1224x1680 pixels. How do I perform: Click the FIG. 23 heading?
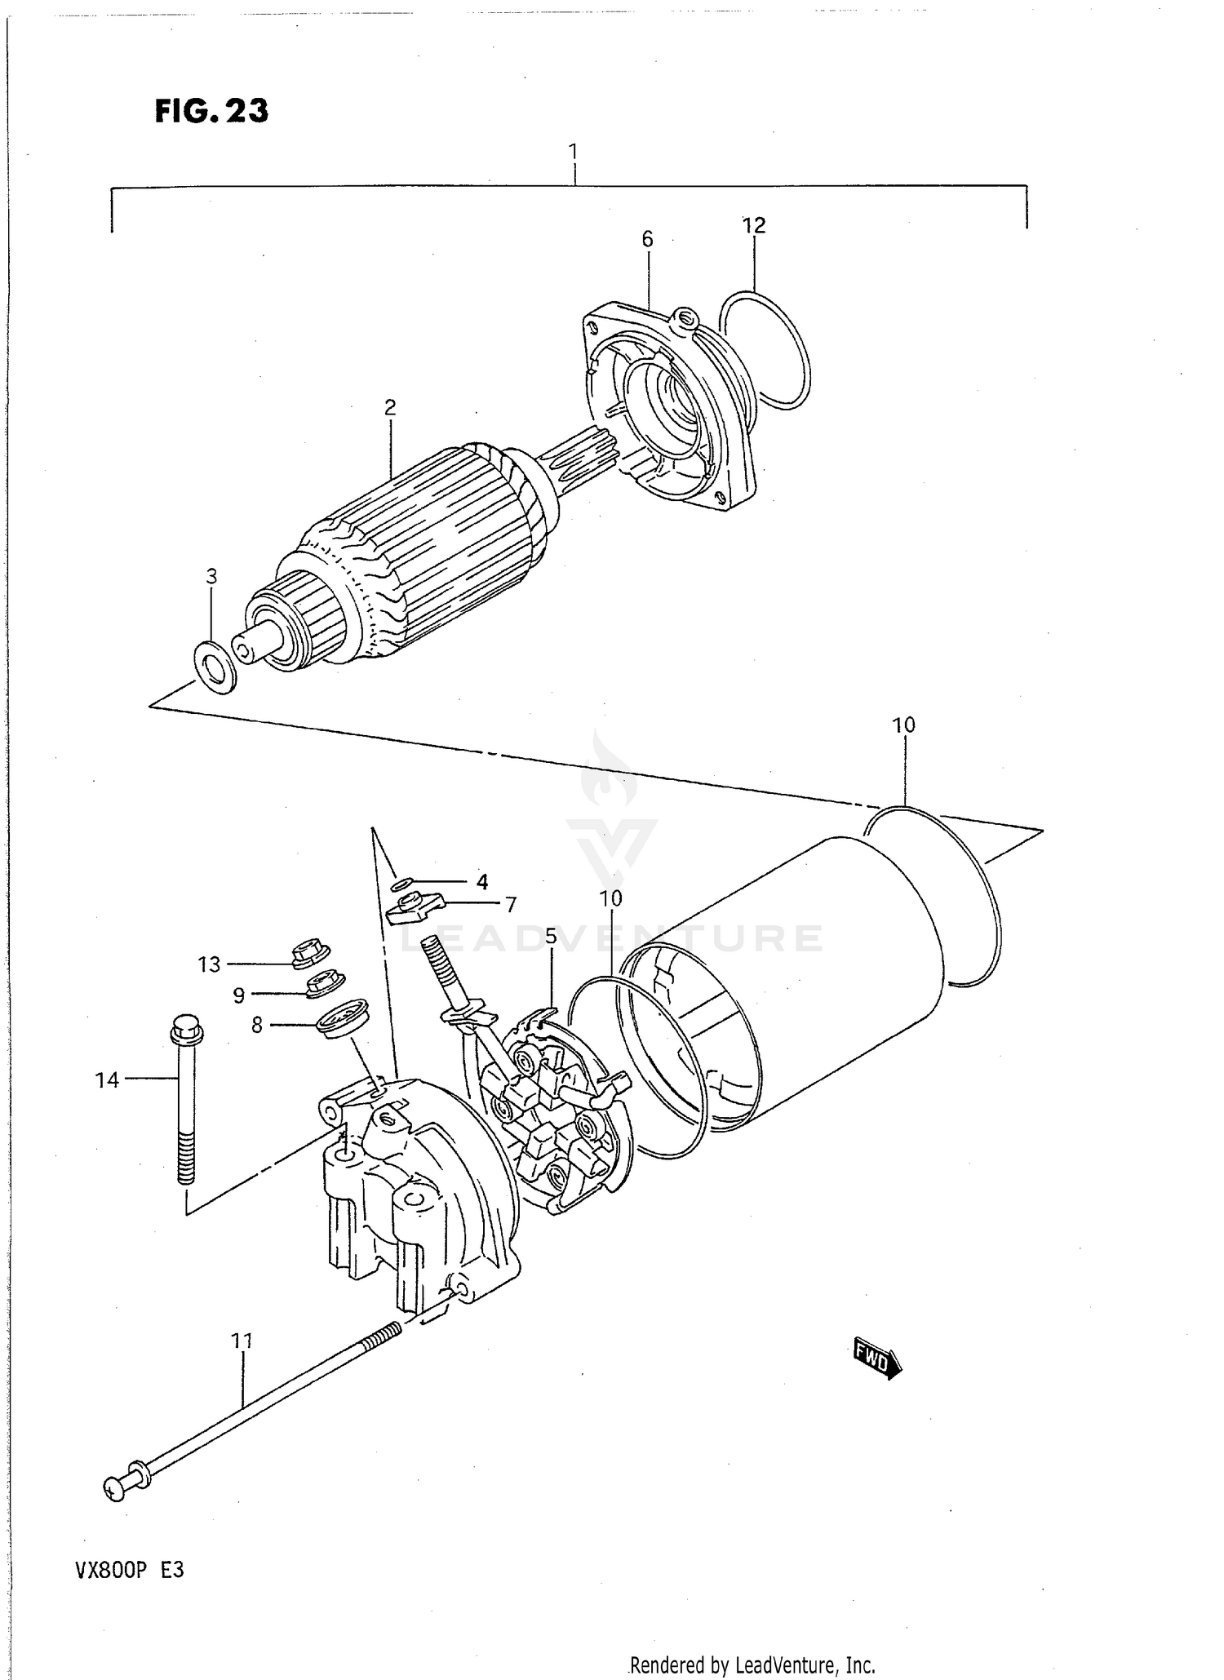click(211, 110)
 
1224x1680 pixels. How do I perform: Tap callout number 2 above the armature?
click(390, 407)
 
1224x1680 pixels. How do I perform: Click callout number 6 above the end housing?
click(647, 239)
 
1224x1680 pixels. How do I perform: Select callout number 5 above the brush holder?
click(551, 937)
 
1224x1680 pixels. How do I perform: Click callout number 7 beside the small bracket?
click(511, 904)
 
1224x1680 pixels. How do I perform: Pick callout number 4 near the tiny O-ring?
click(482, 881)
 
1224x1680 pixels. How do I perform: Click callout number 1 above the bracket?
click(574, 152)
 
